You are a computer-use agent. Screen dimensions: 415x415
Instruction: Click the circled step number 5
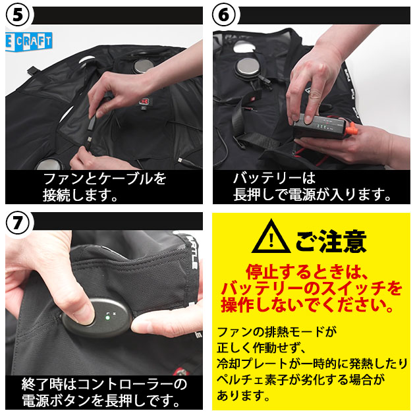pyautogui.click(x=18, y=15)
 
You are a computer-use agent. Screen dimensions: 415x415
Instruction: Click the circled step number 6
pyautogui.click(x=224, y=15)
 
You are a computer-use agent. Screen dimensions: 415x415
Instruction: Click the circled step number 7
pyautogui.click(x=18, y=223)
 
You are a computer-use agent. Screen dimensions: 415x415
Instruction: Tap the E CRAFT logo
pyautogui.click(x=28, y=41)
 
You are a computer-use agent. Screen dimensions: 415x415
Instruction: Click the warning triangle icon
pyautogui.click(x=271, y=237)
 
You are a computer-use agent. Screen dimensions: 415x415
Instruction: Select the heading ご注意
pyautogui.click(x=331, y=241)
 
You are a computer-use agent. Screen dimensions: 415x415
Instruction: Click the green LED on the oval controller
pyautogui.click(x=107, y=318)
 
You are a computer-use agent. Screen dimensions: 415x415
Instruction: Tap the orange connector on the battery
pyautogui.click(x=350, y=130)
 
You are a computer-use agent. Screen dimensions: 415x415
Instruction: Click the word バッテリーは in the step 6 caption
pyautogui.click(x=274, y=178)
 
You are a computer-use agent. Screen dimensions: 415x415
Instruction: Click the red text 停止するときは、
pyautogui.click(x=307, y=272)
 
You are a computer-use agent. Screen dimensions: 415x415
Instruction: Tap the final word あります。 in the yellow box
pyautogui.click(x=243, y=396)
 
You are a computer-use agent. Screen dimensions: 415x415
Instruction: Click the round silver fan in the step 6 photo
pyautogui.click(x=248, y=66)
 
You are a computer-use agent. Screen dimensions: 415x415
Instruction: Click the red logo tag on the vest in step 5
pyautogui.click(x=143, y=101)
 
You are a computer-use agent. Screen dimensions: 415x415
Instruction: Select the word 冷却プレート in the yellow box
pyautogui.click(x=252, y=364)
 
